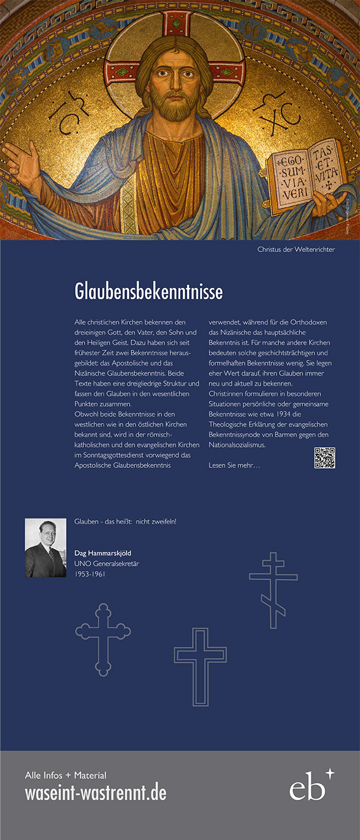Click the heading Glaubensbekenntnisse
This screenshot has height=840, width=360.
(148, 292)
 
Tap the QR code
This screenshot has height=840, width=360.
(325, 458)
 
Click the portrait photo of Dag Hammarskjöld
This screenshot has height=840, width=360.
(46, 548)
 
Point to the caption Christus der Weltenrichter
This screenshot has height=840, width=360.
(296, 249)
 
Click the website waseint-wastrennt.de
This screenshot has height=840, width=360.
(95, 793)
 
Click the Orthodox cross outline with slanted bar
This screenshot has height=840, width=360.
(274, 590)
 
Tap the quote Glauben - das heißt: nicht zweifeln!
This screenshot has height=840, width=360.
(125, 521)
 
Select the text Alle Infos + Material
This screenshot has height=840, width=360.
(65, 775)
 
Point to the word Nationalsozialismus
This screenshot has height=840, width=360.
(237, 445)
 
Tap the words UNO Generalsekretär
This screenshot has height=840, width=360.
(107, 563)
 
